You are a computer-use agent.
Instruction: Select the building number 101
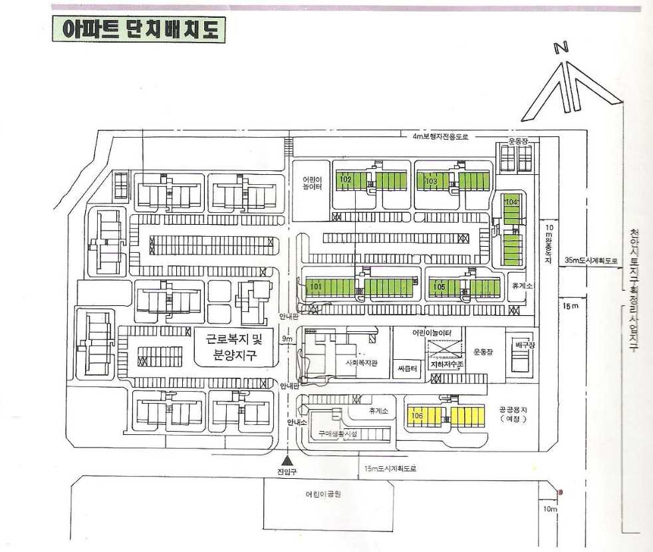tap(316, 287)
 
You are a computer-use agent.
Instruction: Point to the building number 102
tap(345, 180)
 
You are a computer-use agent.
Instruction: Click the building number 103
tap(431, 180)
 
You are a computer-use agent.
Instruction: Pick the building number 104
tap(511, 201)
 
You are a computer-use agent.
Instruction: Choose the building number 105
tap(438, 287)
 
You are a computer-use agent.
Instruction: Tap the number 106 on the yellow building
tap(417, 416)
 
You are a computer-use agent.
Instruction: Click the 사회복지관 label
tap(361, 363)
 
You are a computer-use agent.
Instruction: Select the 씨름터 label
tap(407, 368)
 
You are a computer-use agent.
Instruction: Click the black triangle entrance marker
tap(287, 460)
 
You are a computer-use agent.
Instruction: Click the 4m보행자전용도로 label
tap(440, 136)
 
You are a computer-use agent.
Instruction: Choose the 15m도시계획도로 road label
tap(390, 468)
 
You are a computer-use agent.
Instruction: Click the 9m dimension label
tap(287, 339)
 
